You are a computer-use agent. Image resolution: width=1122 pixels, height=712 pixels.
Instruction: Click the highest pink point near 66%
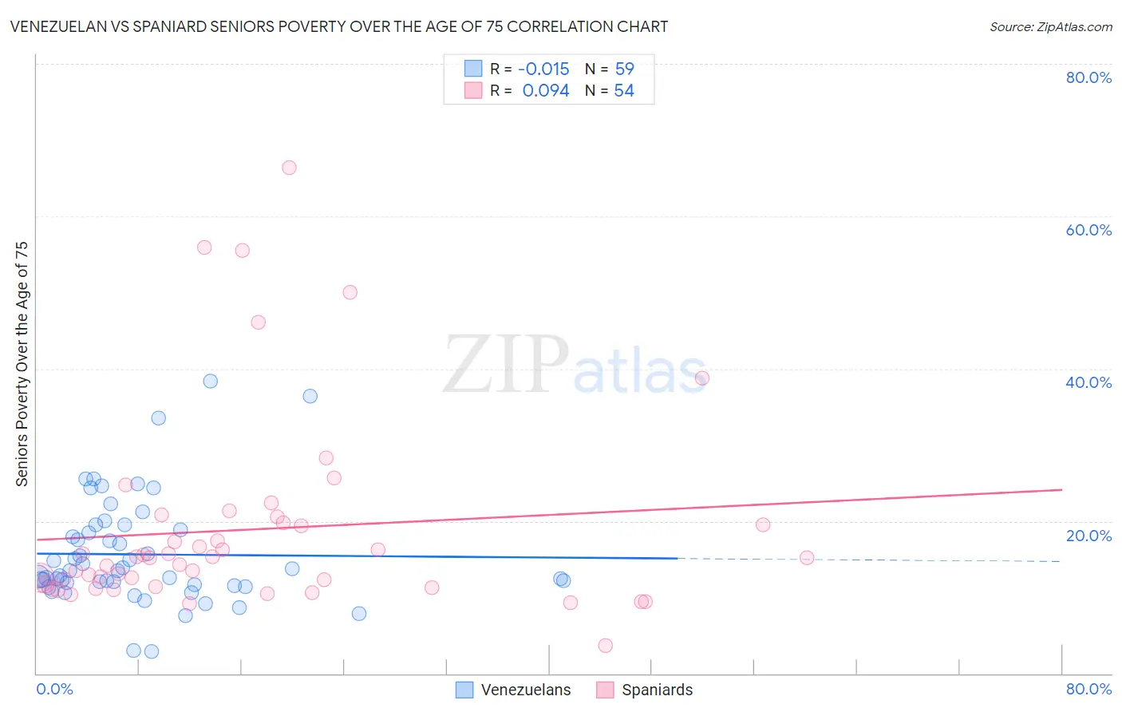pos(289,168)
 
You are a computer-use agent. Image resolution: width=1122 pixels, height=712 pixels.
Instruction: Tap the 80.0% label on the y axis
pos(1088,77)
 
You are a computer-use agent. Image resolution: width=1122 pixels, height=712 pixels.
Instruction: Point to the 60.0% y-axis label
pos(1088,230)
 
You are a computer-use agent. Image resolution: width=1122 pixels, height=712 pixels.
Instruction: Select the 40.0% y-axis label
pos(1088,382)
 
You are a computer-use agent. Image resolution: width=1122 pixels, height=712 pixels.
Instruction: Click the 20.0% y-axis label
pos(1088,536)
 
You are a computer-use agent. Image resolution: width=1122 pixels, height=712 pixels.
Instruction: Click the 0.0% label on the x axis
pos(54,689)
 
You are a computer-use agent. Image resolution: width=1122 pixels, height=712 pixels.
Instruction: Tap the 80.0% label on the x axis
pos(1088,689)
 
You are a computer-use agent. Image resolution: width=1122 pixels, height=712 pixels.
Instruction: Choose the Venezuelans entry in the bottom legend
pos(526,690)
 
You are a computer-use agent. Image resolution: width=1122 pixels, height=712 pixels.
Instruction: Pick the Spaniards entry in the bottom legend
pos(657,690)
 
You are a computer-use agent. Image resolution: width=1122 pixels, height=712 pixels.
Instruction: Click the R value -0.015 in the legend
pos(543,69)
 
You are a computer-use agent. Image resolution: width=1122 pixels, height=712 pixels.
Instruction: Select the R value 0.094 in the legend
pos(546,91)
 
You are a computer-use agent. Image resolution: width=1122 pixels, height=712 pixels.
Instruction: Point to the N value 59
pos(624,69)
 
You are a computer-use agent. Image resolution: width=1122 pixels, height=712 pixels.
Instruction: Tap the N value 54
pos(624,91)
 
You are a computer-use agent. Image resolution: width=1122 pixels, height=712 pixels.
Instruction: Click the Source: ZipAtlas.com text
pos(1050,27)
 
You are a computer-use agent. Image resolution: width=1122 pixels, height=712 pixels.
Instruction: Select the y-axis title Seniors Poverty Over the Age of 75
pos(22,364)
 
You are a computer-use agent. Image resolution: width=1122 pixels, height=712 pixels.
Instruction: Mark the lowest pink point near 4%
pos(606,646)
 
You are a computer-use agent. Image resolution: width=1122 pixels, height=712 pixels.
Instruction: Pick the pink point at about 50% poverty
pos(350,292)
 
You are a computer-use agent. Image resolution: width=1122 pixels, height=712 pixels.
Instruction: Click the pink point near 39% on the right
pos(701,378)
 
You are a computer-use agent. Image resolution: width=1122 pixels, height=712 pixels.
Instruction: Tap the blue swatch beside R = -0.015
pos(473,69)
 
